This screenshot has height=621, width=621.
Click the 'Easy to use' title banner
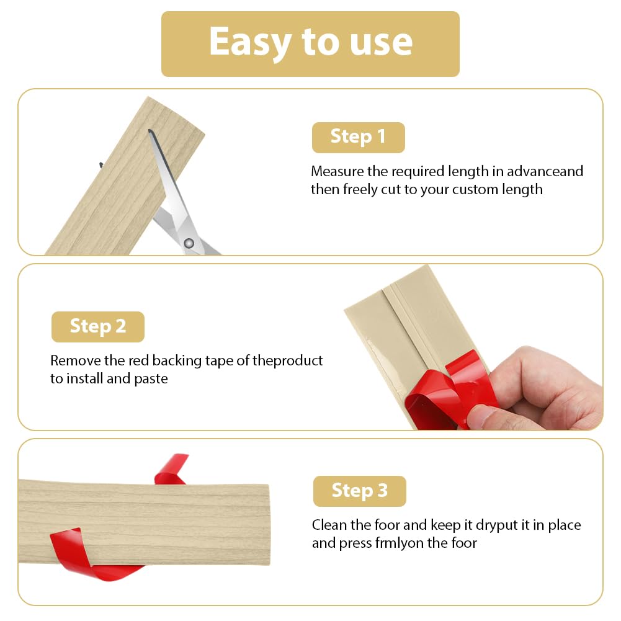coord(310,44)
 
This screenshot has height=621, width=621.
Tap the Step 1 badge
coord(359,138)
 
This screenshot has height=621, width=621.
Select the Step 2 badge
coord(98,327)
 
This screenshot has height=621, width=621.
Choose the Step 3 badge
coord(360,491)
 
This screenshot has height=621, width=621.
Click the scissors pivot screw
coord(189,243)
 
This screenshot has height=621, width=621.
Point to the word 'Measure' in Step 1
coord(337,171)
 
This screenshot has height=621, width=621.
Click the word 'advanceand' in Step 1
coord(545,171)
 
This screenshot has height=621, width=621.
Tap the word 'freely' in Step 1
coord(360,189)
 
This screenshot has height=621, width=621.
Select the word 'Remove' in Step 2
coord(76,360)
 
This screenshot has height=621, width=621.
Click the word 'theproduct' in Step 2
coord(287,361)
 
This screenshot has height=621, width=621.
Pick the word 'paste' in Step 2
coord(151,379)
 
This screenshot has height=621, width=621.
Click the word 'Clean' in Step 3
coord(329,525)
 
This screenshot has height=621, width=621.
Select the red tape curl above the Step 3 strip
coord(171,469)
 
